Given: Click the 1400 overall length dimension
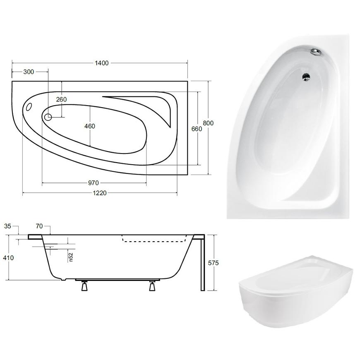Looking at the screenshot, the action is pyautogui.click(x=102, y=63).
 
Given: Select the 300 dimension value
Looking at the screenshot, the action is pyautogui.click(x=29, y=72).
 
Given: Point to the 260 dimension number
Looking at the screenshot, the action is pyautogui.click(x=61, y=99).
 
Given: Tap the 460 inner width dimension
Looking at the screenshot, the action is pyautogui.click(x=89, y=126).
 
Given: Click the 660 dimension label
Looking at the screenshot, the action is pyautogui.click(x=197, y=129).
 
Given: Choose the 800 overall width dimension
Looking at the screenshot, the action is pyautogui.click(x=208, y=123).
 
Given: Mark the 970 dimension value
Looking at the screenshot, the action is pyautogui.click(x=94, y=183).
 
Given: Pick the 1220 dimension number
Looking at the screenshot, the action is pyautogui.click(x=100, y=193).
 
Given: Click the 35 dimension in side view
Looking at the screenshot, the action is pyautogui.click(x=7, y=226).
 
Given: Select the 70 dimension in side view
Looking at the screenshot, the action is pyautogui.click(x=39, y=226).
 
